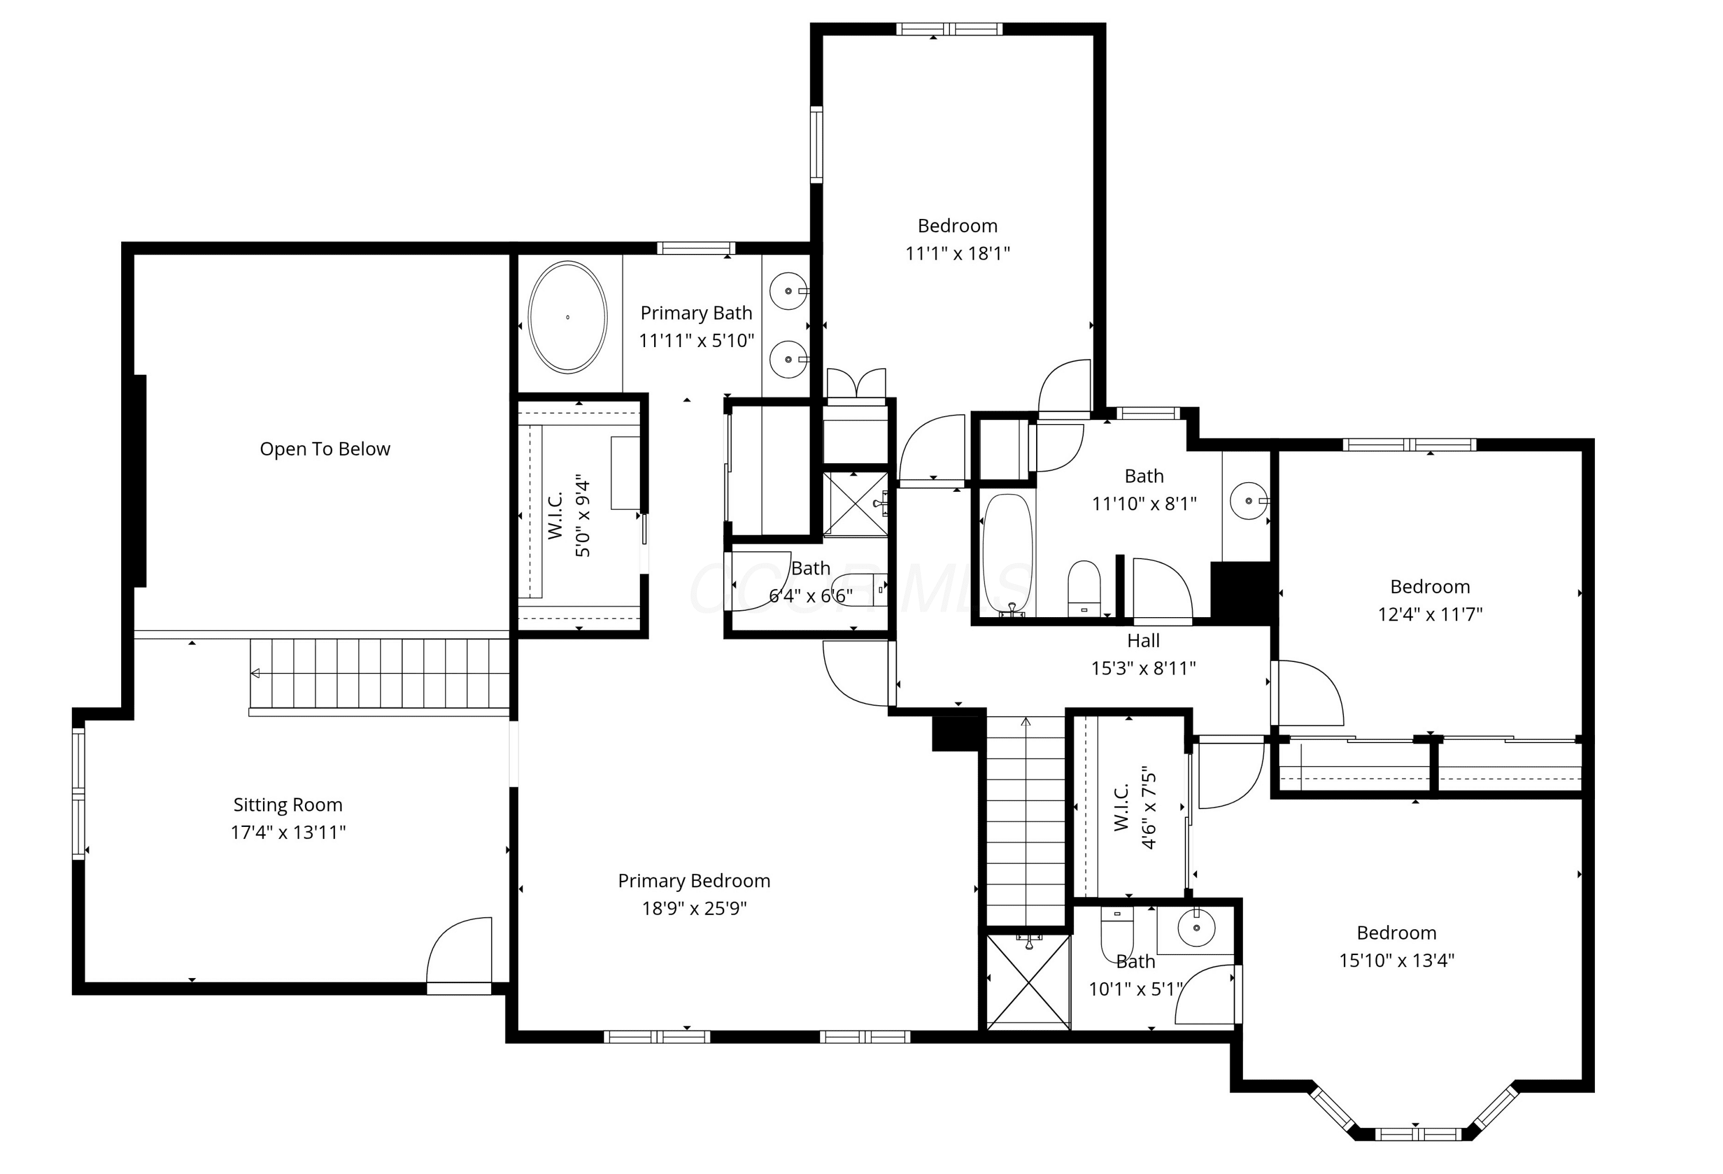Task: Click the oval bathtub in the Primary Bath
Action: (567, 317)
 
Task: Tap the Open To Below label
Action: (324, 449)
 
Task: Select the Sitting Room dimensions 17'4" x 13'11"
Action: (288, 832)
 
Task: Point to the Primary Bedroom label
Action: (694, 880)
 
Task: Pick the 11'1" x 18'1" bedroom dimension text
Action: (957, 253)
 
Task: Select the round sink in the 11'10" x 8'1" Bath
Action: (1249, 501)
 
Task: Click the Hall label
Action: (1143, 640)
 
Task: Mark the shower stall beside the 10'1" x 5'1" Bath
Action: (1027, 982)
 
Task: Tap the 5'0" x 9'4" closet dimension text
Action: (583, 517)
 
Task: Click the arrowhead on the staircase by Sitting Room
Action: (255, 673)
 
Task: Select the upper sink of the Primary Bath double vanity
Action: (788, 291)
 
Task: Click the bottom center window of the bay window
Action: (1418, 1134)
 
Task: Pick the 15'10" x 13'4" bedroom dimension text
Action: (1397, 960)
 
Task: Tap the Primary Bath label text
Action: (696, 313)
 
